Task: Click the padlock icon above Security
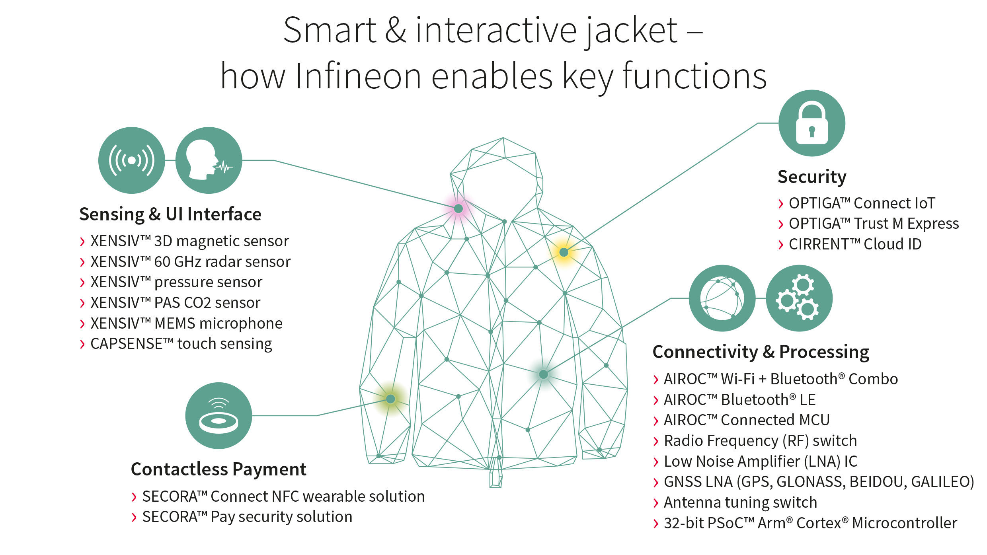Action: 811,123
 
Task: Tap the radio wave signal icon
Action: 131,160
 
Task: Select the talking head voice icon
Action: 209,160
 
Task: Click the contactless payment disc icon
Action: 218,416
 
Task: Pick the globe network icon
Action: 722,298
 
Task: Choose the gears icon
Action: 799,298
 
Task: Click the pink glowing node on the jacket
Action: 458,208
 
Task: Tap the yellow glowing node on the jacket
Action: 564,252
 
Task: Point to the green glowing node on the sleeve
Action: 390,399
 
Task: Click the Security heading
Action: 812,177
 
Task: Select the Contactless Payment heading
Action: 218,469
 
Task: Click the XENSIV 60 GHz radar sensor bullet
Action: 190,262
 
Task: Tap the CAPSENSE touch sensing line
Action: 181,344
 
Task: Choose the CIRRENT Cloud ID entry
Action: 855,244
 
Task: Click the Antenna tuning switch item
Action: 740,502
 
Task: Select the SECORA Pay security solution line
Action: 247,517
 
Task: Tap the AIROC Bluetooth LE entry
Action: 739,400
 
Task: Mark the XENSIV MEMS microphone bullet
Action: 186,323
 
